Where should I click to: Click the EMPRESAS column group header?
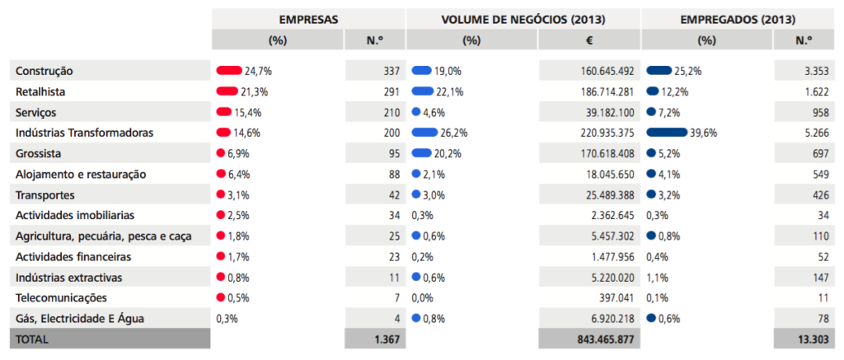point(307,18)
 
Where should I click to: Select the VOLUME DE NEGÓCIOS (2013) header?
point(523,18)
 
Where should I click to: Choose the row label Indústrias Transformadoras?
point(85,133)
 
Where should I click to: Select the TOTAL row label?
point(32,339)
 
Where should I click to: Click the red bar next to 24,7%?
point(227,71)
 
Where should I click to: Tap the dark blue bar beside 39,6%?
point(667,133)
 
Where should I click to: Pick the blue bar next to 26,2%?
point(424,133)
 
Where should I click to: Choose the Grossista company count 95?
point(392,153)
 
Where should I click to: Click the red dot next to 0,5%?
point(220,297)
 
